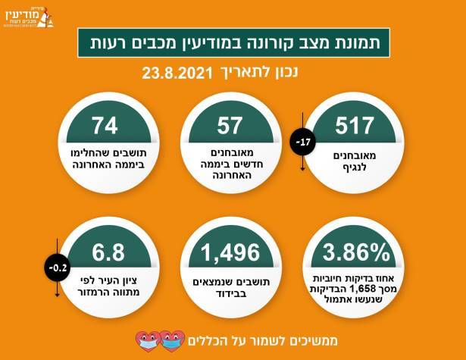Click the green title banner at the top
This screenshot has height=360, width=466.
233,44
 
